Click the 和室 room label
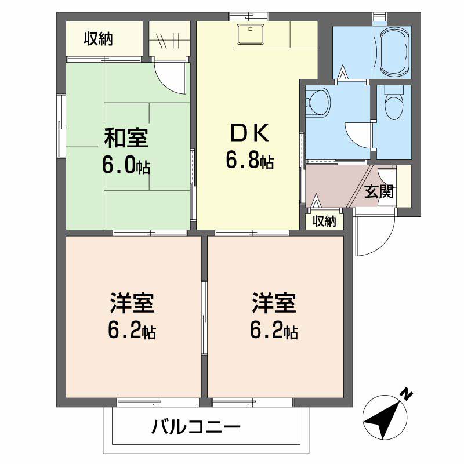[126, 139]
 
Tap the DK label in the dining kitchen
[249, 134]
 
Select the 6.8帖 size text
[249, 161]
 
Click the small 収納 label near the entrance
[324, 222]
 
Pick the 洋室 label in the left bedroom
[132, 303]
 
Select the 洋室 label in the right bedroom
[274, 303]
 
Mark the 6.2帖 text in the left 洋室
[132, 331]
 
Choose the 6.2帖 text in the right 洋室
[274, 331]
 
